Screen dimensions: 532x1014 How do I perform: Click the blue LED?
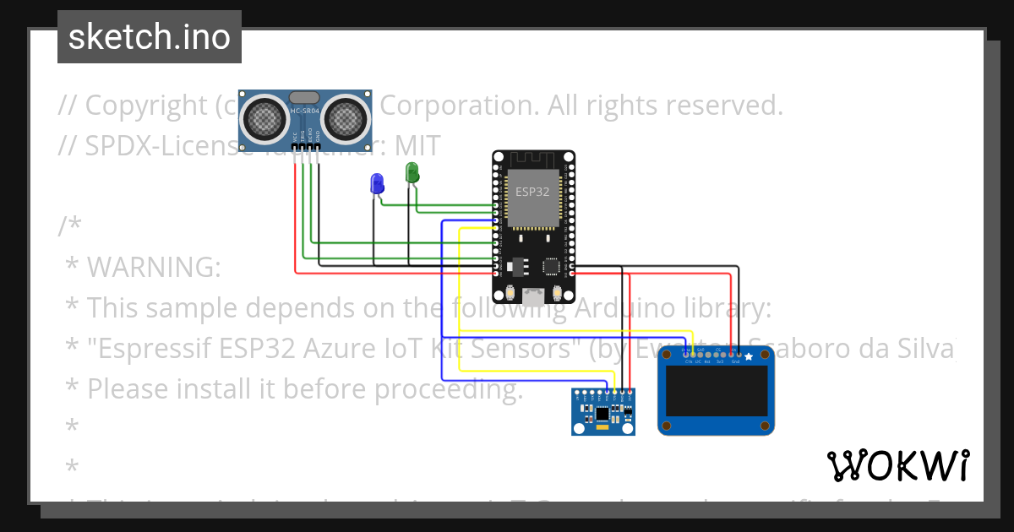tap(376, 182)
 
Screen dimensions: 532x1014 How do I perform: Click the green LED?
tap(412, 171)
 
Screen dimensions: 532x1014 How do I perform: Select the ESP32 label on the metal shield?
tap(533, 192)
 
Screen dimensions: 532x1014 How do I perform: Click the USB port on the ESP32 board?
tap(533, 296)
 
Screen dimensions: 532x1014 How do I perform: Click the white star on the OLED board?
tap(748, 358)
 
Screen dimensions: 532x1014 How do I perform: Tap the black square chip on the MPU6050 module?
tap(602, 414)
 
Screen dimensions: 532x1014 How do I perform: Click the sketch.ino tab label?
tap(150, 37)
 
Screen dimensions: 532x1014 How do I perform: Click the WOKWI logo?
tap(897, 465)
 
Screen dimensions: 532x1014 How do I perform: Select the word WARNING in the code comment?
tap(153, 268)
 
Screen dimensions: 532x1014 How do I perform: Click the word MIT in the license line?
tap(416, 146)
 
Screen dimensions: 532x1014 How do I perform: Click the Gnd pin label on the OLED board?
tap(735, 361)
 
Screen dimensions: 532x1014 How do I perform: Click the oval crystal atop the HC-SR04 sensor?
tap(304, 98)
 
